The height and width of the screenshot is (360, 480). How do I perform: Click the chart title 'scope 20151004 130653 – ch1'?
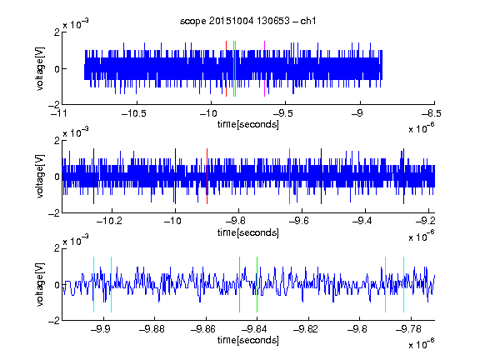[248, 21]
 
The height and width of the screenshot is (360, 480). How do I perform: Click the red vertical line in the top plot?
[226, 69]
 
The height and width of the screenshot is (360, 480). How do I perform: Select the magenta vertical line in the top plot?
[264, 69]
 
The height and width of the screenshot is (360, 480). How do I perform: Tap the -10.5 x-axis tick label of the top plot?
[134, 113]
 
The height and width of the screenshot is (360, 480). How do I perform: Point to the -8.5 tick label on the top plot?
[431, 113]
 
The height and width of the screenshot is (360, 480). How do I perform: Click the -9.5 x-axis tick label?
[282, 113]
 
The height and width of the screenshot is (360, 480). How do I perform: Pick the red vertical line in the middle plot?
[207, 177]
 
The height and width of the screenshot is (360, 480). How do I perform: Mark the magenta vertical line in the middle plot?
[290, 177]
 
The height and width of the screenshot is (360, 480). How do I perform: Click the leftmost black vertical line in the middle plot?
[93, 177]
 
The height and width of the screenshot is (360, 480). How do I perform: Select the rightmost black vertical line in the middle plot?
[404, 177]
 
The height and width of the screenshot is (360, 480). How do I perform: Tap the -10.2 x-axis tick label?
[109, 221]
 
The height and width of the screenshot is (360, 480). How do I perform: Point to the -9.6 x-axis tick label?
[299, 221]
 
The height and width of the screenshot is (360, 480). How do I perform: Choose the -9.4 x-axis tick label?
[362, 221]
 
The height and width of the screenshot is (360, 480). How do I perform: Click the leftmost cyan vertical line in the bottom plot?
[93, 285]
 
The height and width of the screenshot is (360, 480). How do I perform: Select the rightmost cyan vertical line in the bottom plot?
[404, 285]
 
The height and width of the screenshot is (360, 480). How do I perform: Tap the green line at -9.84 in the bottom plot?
[257, 285]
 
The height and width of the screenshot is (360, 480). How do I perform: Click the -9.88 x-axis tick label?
[152, 329]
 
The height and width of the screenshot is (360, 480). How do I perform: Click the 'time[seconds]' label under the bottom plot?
[248, 340]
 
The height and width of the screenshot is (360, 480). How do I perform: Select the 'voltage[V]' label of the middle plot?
[40, 177]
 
